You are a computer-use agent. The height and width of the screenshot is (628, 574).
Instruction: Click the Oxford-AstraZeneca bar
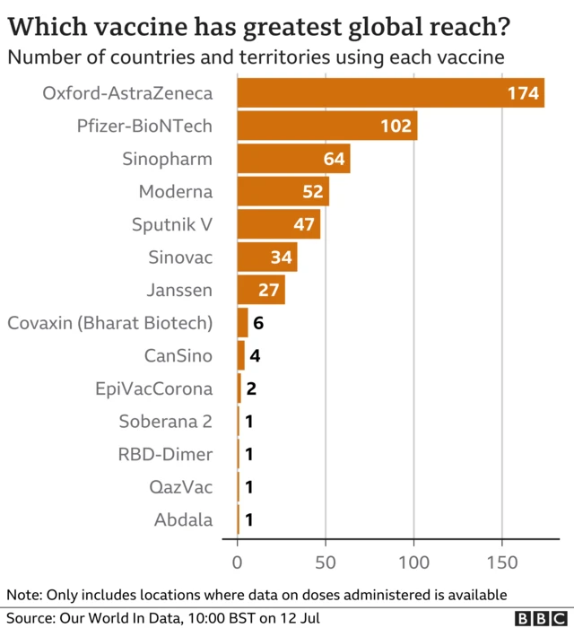(390, 92)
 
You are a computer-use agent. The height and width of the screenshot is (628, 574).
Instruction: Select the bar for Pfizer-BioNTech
(327, 126)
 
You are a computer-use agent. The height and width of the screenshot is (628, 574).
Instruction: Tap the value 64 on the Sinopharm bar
(335, 159)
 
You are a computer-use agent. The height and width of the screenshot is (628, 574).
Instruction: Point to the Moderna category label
(176, 191)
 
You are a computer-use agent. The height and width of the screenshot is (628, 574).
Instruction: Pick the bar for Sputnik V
(279, 224)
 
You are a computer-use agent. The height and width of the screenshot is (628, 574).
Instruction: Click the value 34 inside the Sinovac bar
(281, 257)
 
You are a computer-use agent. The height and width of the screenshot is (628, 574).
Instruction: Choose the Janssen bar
(261, 290)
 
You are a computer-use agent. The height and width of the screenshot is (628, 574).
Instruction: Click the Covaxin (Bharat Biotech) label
(110, 323)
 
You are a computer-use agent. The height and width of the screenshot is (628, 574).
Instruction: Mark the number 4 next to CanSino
(255, 355)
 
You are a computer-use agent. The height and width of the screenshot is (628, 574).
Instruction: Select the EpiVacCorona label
(154, 388)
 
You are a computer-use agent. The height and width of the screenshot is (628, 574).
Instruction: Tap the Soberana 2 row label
(166, 422)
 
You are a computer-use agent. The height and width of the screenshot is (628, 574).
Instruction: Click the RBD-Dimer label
(166, 454)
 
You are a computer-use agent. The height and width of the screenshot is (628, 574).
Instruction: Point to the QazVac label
(181, 487)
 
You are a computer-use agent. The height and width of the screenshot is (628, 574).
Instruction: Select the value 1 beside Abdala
(248, 520)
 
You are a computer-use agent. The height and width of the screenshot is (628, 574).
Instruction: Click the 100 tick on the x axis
(414, 563)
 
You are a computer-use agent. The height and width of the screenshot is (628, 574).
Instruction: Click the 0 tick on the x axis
(238, 563)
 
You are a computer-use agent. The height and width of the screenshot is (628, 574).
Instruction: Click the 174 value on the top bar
(521, 93)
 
